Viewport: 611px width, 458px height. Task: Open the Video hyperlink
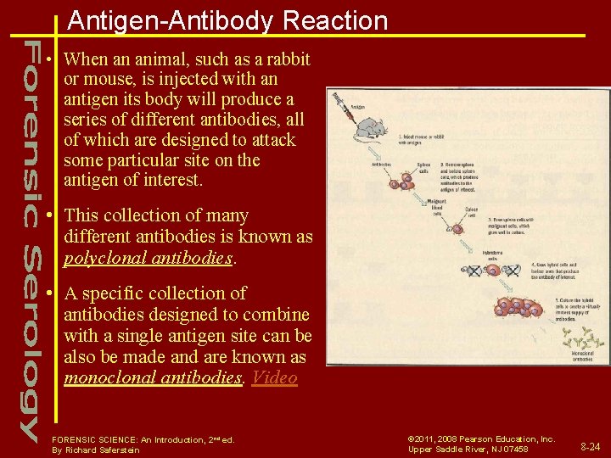tap(275, 377)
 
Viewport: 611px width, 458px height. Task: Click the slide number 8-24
tap(590, 445)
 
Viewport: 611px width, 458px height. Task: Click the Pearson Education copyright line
tap(481, 439)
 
